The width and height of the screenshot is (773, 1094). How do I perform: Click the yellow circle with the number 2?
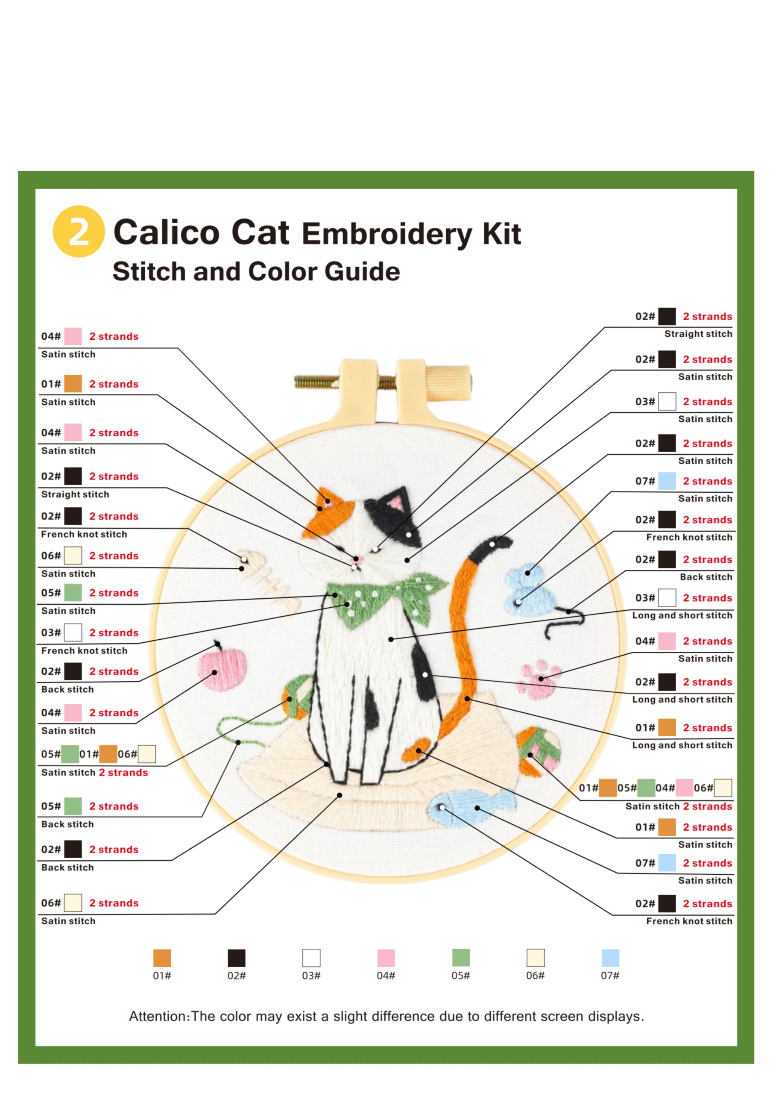tap(79, 231)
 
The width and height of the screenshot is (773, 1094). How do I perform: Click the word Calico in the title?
tap(167, 232)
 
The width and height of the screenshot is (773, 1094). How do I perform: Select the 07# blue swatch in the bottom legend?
tap(610, 958)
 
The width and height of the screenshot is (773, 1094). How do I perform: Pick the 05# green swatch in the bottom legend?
tap(460, 958)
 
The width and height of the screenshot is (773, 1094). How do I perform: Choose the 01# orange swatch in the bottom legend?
tap(162, 958)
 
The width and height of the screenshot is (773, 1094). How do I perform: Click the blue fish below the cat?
tap(471, 809)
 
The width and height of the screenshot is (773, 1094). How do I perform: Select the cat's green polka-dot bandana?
tap(386, 598)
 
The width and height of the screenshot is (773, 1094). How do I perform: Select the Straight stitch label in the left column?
tap(75, 494)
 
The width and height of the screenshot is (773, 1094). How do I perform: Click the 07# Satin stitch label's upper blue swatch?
tap(667, 481)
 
